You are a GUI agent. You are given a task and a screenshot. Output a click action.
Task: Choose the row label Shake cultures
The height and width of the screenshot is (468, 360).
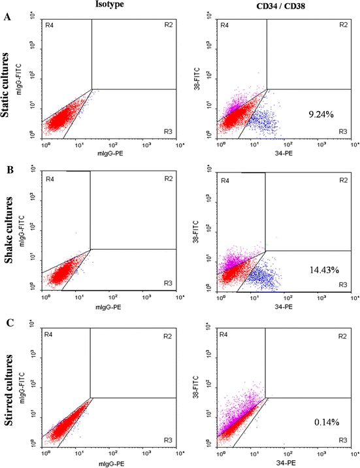point(8,240)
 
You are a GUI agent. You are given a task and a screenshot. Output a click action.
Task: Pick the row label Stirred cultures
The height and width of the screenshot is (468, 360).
point(8,391)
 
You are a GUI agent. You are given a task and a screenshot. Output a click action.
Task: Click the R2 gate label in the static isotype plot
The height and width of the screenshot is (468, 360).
point(167,25)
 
